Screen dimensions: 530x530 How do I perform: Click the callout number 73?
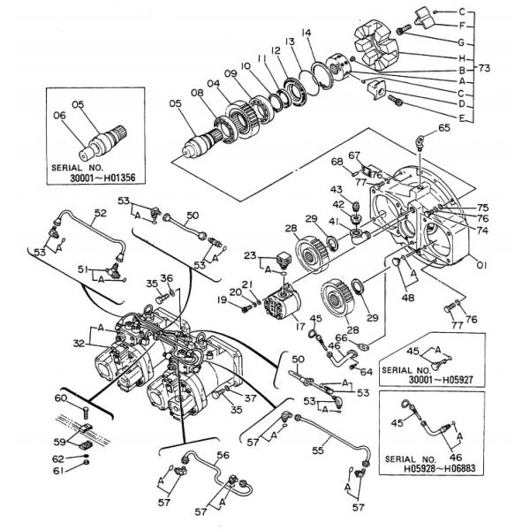coord(484,69)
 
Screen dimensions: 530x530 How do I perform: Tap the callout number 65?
coord(444,128)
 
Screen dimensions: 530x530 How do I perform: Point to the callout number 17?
coord(299,327)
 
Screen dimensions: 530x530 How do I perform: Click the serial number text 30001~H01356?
coord(102,178)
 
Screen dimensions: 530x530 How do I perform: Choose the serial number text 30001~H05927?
coord(441,380)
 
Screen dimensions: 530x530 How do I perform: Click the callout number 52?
coord(101,213)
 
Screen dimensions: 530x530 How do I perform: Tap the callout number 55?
coord(318,450)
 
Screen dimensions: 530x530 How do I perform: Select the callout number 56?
coord(223,455)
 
